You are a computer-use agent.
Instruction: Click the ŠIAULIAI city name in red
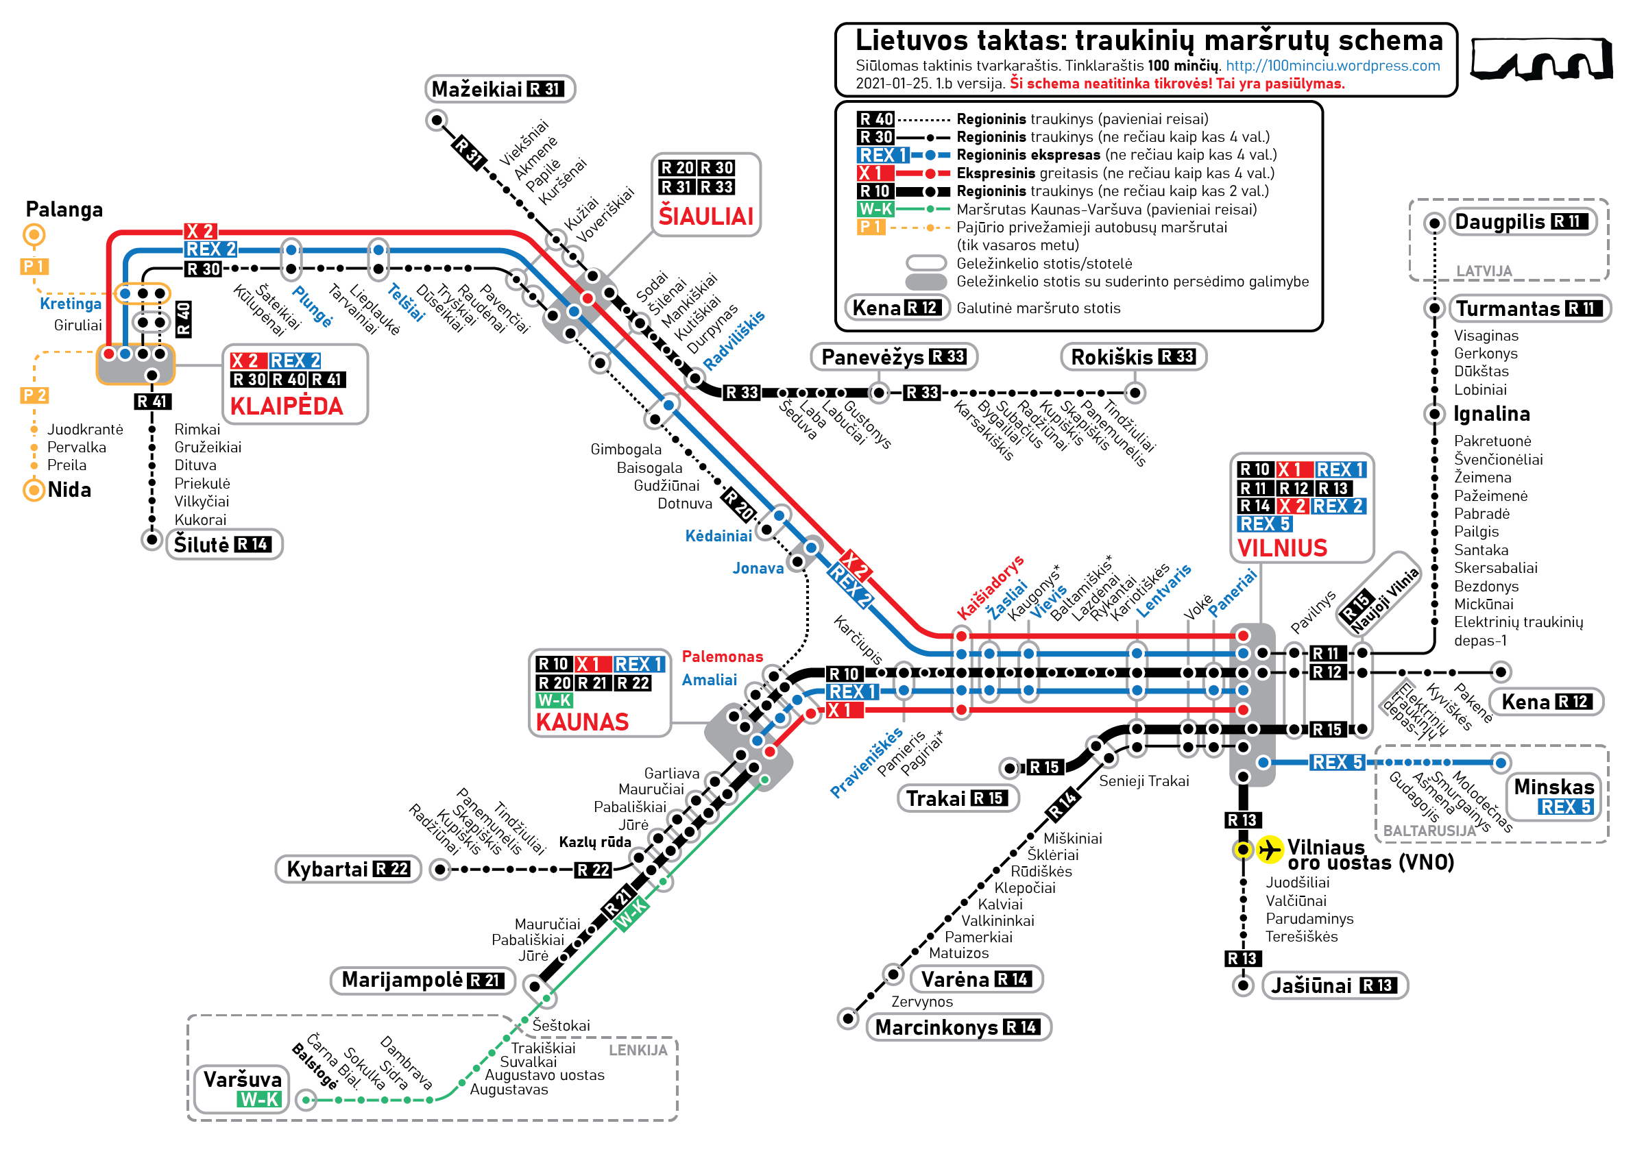705,215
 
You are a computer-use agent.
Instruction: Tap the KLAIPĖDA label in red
287,406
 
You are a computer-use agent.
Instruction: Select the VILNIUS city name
1283,548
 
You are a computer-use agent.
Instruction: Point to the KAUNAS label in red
583,722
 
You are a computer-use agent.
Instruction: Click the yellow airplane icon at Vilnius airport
1270,849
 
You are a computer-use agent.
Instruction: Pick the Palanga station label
64,210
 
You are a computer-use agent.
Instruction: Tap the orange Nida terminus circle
34,490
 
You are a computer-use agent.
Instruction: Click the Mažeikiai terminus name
476,90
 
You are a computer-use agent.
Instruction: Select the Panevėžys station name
873,357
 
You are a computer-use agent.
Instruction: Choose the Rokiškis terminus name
1112,357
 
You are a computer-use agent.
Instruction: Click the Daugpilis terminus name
1500,222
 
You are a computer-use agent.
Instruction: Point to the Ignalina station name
1492,414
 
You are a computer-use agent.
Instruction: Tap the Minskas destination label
1554,787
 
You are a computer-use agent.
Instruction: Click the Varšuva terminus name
243,1079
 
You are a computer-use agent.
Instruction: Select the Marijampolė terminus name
402,980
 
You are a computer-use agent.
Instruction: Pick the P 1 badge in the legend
871,228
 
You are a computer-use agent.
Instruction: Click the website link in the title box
1332,66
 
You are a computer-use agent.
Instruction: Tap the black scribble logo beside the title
1541,58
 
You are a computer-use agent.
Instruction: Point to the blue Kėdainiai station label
718,536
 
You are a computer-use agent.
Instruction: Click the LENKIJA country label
638,1051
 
